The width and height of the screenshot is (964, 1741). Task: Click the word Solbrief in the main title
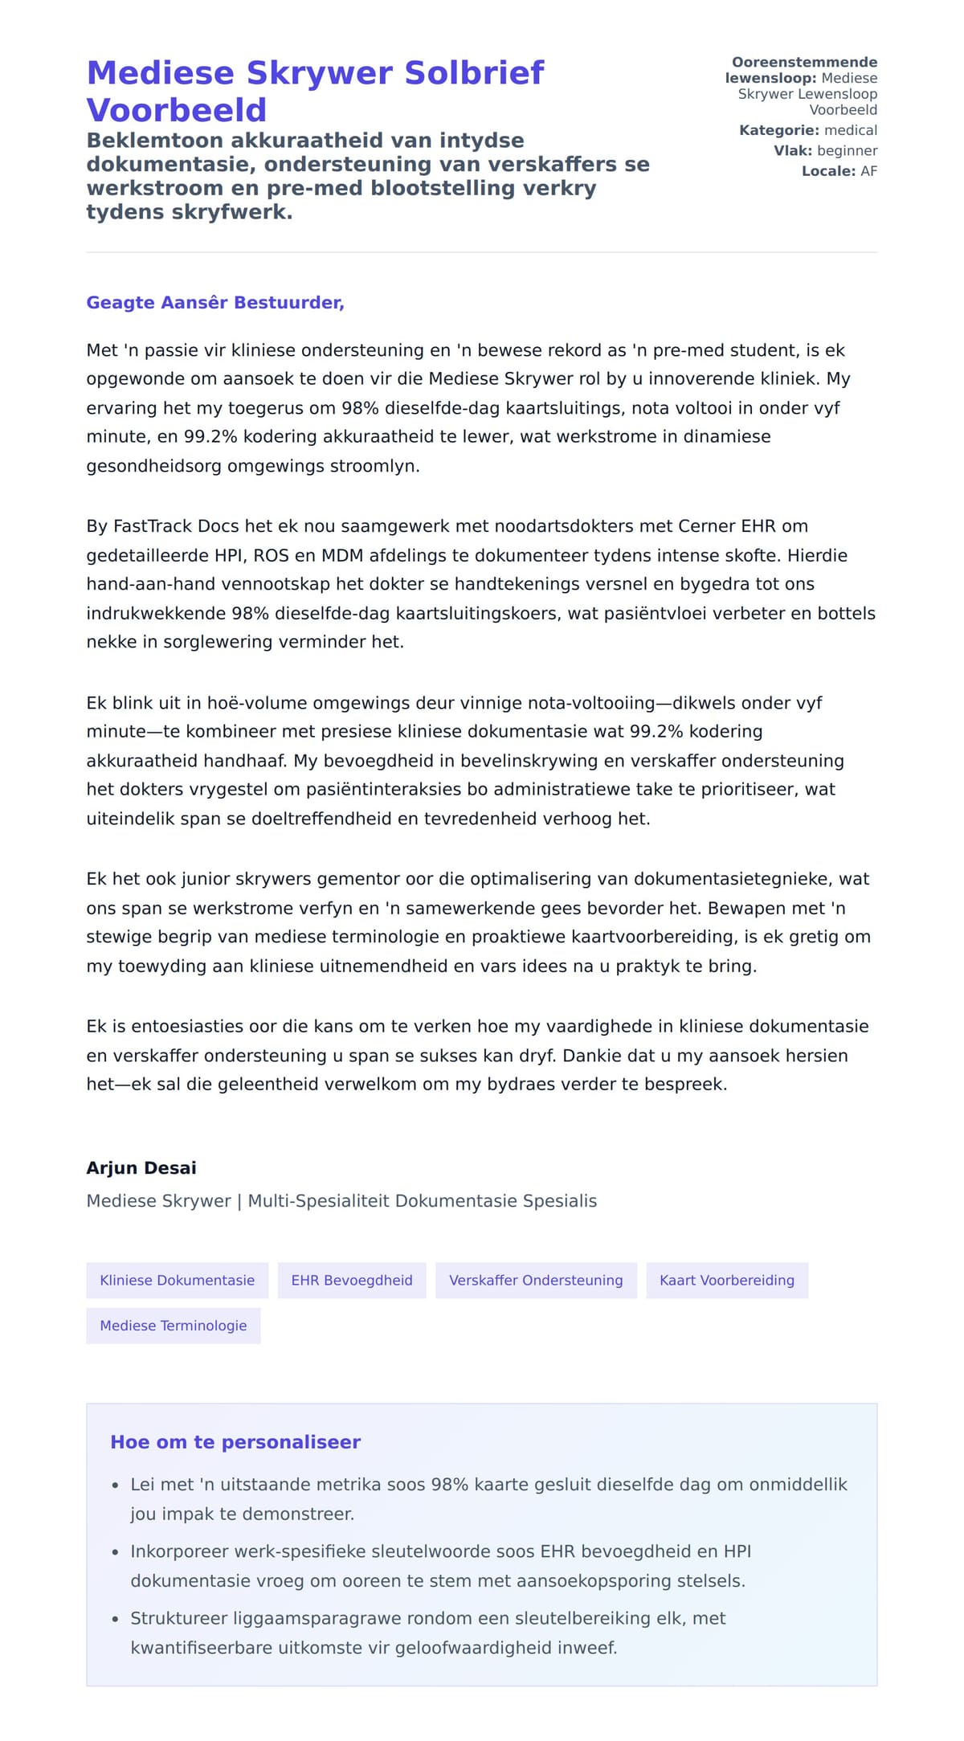(474, 73)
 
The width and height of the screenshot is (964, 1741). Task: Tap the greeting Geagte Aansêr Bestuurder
(215, 303)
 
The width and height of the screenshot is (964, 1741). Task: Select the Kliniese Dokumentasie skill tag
(177, 1281)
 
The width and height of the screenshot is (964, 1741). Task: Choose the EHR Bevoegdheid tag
(352, 1281)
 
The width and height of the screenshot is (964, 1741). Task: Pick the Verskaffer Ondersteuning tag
(536, 1281)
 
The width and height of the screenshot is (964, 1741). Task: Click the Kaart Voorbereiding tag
(727, 1281)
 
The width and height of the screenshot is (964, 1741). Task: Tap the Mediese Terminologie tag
(174, 1326)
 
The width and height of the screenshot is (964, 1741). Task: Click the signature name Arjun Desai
(141, 1168)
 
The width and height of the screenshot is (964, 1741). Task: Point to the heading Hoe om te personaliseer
(235, 1442)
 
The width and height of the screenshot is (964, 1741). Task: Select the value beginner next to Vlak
(847, 151)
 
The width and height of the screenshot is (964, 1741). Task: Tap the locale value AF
(868, 171)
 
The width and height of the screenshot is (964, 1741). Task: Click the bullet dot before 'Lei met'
(116, 1486)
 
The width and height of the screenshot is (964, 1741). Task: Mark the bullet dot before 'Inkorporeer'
(116, 1552)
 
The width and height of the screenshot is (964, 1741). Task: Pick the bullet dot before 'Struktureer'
(116, 1619)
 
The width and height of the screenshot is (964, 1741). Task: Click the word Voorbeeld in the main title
(177, 110)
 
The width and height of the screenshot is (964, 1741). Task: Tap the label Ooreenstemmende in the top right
(804, 63)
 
